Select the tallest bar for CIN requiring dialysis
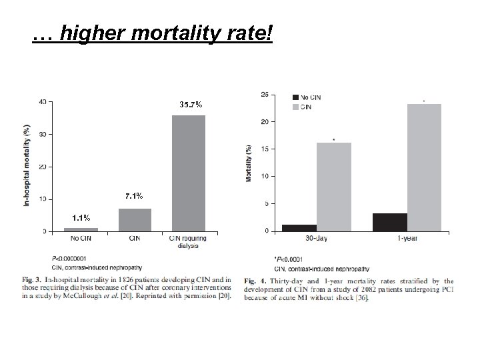189,173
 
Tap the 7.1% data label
134,196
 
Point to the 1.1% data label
81,218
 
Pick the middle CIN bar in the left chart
135,220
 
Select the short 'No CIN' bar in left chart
81,229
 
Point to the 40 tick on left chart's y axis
43,102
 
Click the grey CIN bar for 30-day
333,187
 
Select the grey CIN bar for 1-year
425,167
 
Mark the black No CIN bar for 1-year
390,222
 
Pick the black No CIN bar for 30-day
299,227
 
